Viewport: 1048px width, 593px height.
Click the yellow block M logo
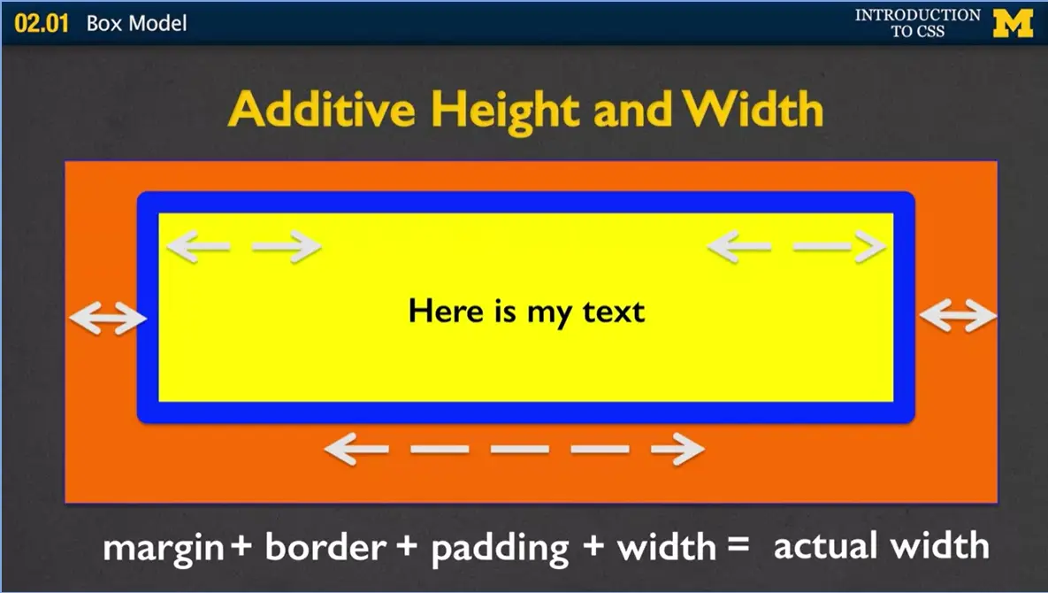(1013, 23)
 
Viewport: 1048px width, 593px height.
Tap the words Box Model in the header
(136, 23)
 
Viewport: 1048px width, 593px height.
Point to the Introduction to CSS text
(917, 23)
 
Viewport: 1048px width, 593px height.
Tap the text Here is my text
(526, 312)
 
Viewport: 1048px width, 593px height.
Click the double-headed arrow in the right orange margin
(958, 315)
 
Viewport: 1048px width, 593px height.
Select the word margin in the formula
(163, 548)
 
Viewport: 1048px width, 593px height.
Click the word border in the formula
(325, 548)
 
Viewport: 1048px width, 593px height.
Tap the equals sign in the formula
(738, 546)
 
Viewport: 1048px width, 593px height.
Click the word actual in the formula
(829, 545)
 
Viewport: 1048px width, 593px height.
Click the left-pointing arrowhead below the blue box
(343, 450)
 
